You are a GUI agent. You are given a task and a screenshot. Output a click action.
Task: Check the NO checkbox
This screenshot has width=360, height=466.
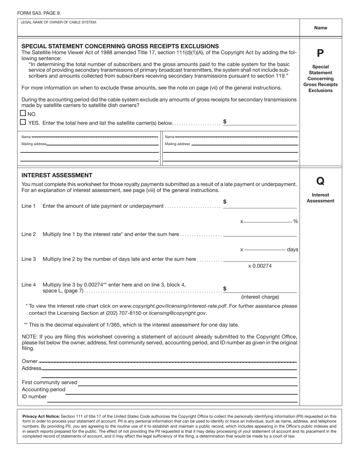pyautogui.click(x=23, y=113)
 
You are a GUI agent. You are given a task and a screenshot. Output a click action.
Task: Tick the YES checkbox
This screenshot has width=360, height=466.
pyautogui.click(x=23, y=122)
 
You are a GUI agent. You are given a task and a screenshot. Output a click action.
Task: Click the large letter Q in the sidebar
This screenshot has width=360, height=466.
pyautogui.click(x=320, y=181)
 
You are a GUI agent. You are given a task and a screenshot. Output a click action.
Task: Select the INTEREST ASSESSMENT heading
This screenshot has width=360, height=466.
pyautogui.click(x=57, y=175)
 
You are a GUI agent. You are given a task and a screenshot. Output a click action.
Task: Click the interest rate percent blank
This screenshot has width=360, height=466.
pyautogui.click(x=268, y=221)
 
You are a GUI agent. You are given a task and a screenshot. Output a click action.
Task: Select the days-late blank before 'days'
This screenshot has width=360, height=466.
pyautogui.click(x=265, y=249)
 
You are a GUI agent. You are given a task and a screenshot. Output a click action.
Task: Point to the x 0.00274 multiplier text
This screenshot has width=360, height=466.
pyautogui.click(x=260, y=266)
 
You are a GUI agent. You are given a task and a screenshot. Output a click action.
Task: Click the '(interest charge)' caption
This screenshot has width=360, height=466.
pyautogui.click(x=260, y=297)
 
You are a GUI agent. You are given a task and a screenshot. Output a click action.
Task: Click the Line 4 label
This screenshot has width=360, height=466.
pyautogui.click(x=29, y=285)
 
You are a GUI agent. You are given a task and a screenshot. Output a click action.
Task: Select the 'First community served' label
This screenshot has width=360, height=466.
pyautogui.click(x=49, y=383)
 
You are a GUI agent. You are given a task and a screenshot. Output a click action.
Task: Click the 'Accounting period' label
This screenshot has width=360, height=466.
pyautogui.click(x=44, y=389)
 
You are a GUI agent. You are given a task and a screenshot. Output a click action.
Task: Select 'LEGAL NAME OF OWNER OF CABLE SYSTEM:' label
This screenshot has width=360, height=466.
pyautogui.click(x=59, y=22)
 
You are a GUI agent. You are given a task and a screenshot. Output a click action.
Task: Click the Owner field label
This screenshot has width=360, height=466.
pyautogui.click(x=30, y=361)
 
